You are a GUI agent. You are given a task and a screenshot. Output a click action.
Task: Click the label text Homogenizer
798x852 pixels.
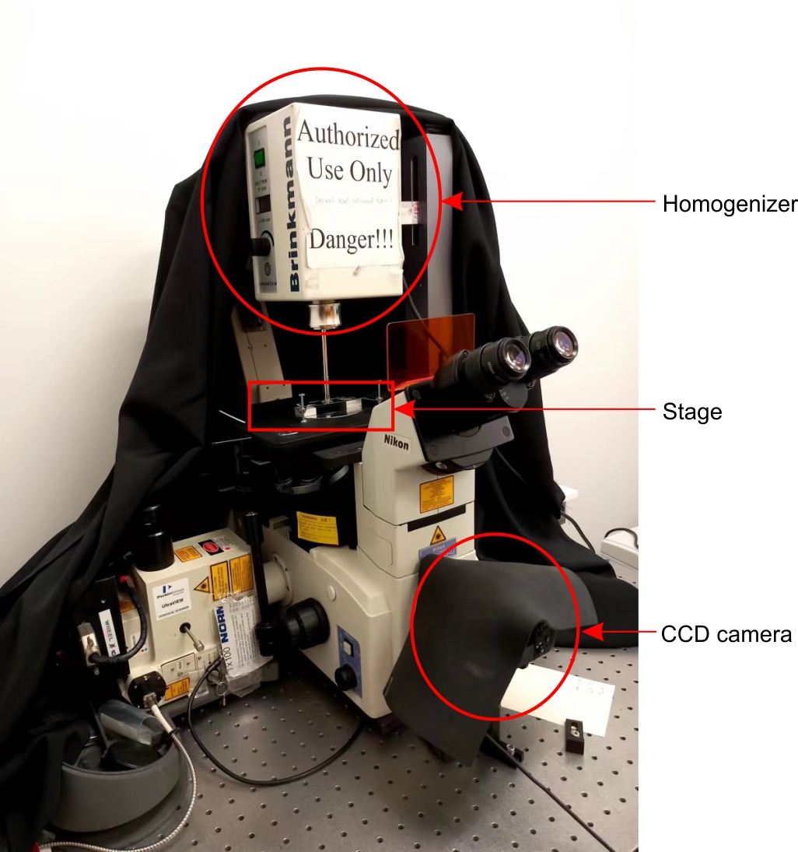(730, 204)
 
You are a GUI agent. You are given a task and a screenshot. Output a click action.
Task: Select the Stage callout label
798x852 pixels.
(692, 411)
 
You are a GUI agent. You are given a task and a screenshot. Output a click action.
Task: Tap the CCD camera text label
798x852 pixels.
(726, 634)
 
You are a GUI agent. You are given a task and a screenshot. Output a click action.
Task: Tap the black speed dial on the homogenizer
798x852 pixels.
(262, 246)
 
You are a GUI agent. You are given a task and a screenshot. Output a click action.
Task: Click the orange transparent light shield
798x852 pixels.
(429, 342)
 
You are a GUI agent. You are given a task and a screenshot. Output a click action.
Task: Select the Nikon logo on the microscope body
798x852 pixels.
(396, 441)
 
